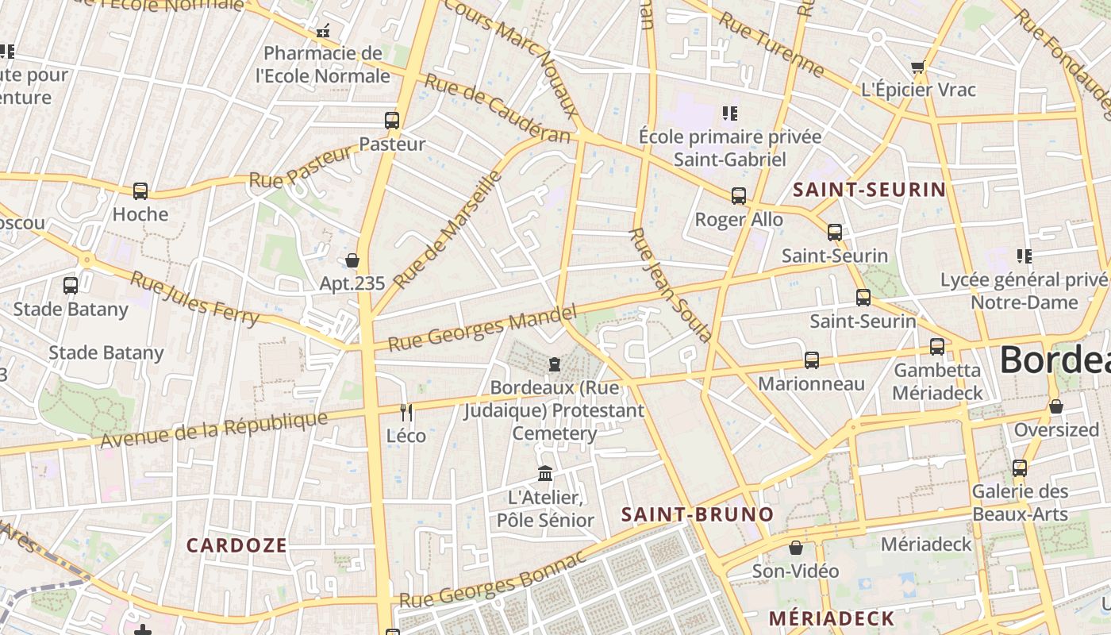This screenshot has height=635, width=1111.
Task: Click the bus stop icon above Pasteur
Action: tap(392, 121)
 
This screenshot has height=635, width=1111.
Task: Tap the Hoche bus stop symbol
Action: tap(140, 191)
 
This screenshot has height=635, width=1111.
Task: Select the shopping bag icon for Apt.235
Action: tap(352, 260)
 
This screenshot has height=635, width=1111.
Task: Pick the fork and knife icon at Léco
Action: tap(406, 412)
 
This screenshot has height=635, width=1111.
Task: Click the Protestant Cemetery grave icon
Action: tap(554, 364)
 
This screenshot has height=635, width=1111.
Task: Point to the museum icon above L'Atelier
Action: tap(545, 474)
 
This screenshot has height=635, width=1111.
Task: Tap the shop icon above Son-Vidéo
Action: tap(796, 548)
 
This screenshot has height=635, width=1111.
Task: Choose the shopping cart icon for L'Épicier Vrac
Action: tap(918, 67)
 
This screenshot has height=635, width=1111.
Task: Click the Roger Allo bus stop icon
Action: tap(739, 196)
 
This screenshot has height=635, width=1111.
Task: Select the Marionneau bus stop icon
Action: tap(811, 360)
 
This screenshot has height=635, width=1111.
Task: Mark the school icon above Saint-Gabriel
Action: tap(730, 114)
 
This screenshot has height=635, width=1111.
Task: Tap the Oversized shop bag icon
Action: tap(1056, 406)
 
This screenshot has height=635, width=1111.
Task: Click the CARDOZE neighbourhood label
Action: tap(236, 545)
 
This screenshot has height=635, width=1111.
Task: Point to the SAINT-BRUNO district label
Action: tap(697, 514)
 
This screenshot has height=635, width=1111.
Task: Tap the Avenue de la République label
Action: tap(215, 429)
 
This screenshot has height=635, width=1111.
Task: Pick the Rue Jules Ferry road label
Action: tap(194, 299)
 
